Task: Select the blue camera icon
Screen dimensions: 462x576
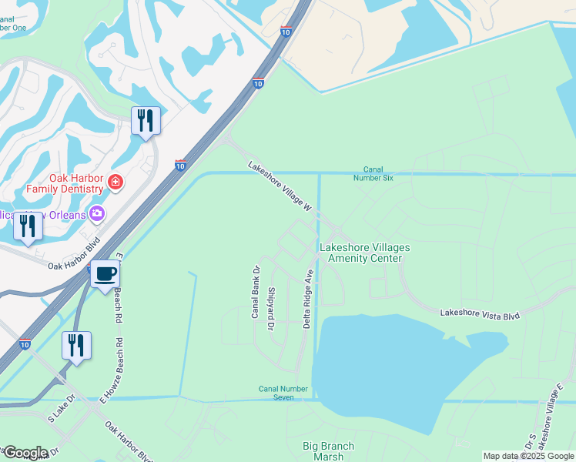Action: click(x=97, y=213)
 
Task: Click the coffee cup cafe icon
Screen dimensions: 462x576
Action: click(x=105, y=273)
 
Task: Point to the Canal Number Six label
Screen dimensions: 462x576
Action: click(x=378, y=174)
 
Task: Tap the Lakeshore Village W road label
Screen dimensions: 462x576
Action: click(x=279, y=186)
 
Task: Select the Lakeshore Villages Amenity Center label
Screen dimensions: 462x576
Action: click(x=364, y=253)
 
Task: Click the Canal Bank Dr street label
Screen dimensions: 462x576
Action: click(x=255, y=292)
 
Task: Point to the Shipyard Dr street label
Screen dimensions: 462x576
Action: click(x=271, y=310)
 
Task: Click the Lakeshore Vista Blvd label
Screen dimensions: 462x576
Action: click(x=480, y=314)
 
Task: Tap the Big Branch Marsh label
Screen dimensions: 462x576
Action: click(x=328, y=451)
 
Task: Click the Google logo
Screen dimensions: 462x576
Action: click(x=25, y=453)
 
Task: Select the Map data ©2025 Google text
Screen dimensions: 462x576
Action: click(x=528, y=456)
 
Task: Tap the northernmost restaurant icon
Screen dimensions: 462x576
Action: click(x=145, y=121)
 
